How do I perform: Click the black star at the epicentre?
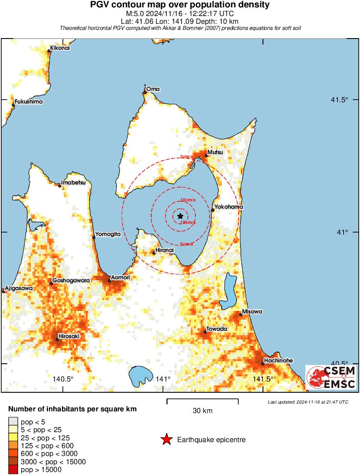point(180,216)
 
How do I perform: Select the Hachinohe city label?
point(278,360)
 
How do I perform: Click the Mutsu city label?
point(215,152)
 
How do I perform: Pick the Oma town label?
point(153,89)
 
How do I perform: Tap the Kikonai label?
point(60,48)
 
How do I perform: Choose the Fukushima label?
point(29,102)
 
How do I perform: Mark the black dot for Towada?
point(205,332)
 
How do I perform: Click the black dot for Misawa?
point(241,314)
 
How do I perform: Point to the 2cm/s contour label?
point(187,157)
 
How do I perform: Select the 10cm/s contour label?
point(188,200)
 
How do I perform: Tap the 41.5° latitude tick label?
point(340,100)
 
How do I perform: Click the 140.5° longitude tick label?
point(63,379)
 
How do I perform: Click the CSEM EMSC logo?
point(331,377)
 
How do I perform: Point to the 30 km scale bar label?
point(202,410)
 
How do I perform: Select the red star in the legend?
point(166,440)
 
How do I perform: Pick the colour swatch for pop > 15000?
point(13,470)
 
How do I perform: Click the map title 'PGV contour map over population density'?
point(180,5)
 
